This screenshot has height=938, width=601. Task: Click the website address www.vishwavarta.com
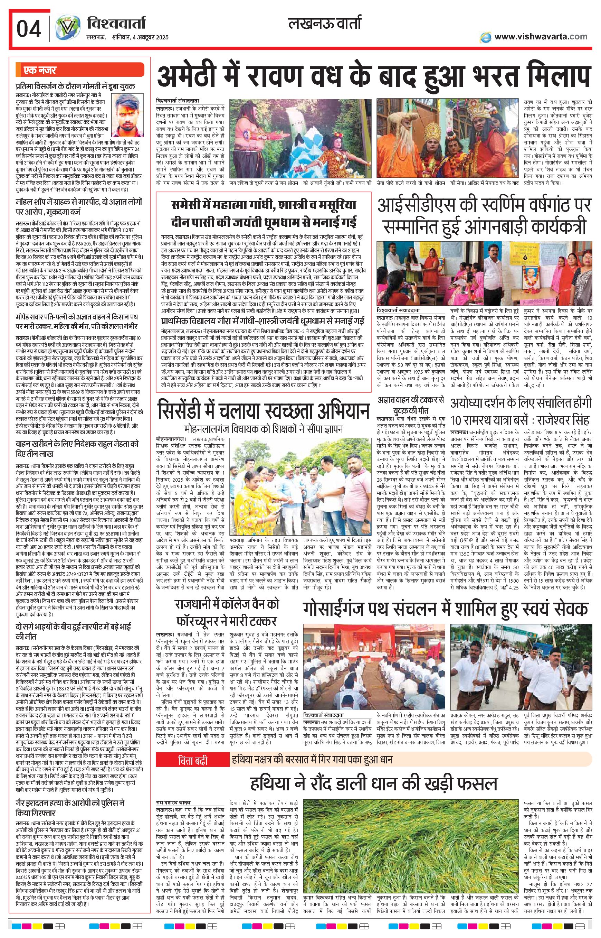[541, 37]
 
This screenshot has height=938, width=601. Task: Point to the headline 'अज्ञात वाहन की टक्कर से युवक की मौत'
[411, 405]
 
